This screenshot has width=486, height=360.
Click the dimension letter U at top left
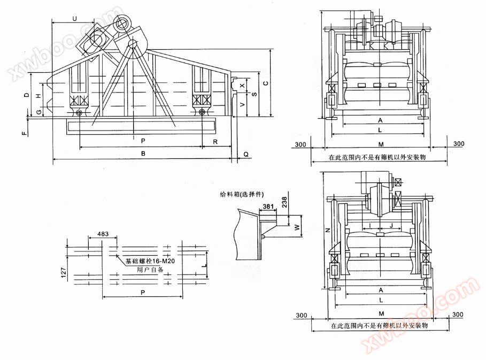74,19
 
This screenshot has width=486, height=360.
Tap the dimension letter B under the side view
143,154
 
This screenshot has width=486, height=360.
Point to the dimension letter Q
245,154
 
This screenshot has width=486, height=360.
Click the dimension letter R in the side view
215,142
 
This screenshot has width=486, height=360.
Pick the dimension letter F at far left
24,132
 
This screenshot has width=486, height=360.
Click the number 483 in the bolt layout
103,234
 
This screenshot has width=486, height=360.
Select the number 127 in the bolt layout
63,274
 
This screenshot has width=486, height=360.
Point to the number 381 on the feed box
268,206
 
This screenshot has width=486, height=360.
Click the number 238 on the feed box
284,201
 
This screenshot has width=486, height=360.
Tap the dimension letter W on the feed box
297,226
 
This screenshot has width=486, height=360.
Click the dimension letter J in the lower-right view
391,225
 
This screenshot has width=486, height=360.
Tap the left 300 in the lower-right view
301,315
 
